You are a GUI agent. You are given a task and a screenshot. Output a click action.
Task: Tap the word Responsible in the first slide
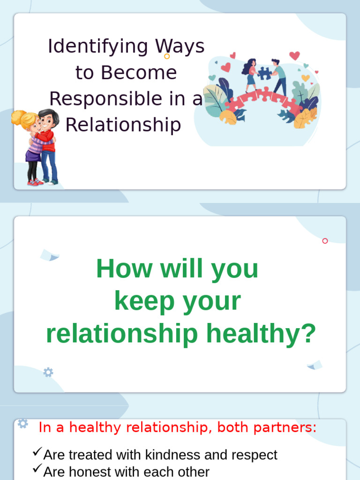(x=96, y=99)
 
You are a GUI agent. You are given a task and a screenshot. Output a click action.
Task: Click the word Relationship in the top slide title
(x=123, y=125)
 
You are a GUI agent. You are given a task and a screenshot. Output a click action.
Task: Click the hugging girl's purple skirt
(x=33, y=155)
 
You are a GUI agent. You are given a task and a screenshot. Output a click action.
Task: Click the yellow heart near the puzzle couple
(x=306, y=78)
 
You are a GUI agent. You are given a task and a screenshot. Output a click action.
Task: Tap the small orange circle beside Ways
(x=167, y=56)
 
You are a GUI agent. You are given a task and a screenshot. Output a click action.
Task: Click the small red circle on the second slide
(x=325, y=241)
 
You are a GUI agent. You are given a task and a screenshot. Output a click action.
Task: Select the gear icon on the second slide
(x=48, y=373)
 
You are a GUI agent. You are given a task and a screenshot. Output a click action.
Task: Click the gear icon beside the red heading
(x=22, y=423)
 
